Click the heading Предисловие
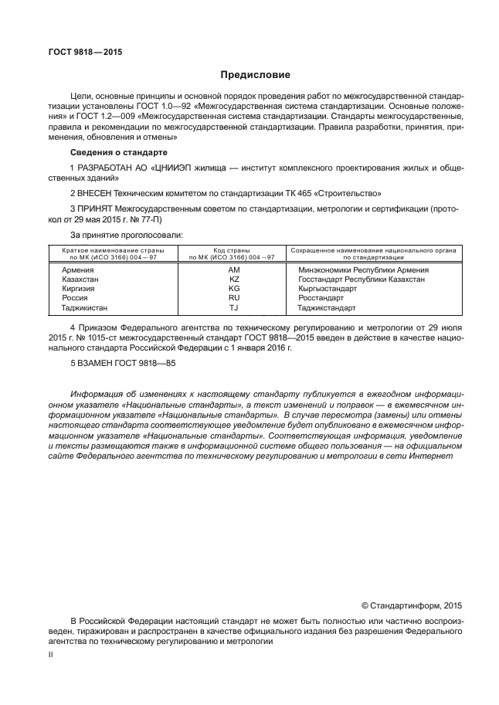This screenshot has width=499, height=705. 255,75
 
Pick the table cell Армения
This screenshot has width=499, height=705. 78,269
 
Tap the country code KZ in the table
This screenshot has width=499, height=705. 235,279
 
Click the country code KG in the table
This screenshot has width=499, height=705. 235,288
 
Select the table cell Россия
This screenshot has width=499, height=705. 75,297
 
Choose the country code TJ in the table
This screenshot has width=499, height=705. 235,307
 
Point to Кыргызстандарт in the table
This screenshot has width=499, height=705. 328,288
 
